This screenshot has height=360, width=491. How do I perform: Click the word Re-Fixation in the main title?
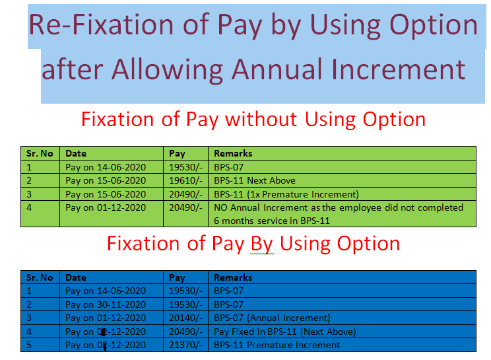tap(101, 24)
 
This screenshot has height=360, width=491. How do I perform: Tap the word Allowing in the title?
tap(167, 70)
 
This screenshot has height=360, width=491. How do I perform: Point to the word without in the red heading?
tap(261, 119)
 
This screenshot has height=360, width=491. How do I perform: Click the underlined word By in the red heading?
tap(262, 244)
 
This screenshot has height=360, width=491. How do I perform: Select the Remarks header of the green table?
tap(233, 153)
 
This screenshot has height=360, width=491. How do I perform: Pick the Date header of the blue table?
tap(76, 277)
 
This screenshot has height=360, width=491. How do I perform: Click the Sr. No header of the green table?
tap(40, 153)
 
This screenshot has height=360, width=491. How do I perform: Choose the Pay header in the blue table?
tap(177, 277)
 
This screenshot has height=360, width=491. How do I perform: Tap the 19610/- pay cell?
tap(185, 181)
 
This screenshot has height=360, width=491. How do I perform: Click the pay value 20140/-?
tap(185, 318)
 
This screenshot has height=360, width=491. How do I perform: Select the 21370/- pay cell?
tap(185, 345)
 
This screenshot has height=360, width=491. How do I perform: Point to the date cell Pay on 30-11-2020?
tap(106, 305)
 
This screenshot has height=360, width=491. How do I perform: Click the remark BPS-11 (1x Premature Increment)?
tap(286, 194)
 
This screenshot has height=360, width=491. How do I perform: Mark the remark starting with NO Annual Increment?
tap(339, 214)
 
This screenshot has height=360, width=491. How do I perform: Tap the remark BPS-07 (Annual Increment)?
tap(272, 318)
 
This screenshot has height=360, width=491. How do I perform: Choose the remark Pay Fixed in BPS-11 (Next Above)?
tap(285, 332)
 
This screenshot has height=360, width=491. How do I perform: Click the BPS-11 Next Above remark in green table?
tap(255, 181)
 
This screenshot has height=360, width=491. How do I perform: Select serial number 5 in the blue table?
tap(29, 345)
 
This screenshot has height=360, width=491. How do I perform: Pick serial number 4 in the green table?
tap(29, 207)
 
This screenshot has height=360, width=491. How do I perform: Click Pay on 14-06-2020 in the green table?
tap(106, 167)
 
